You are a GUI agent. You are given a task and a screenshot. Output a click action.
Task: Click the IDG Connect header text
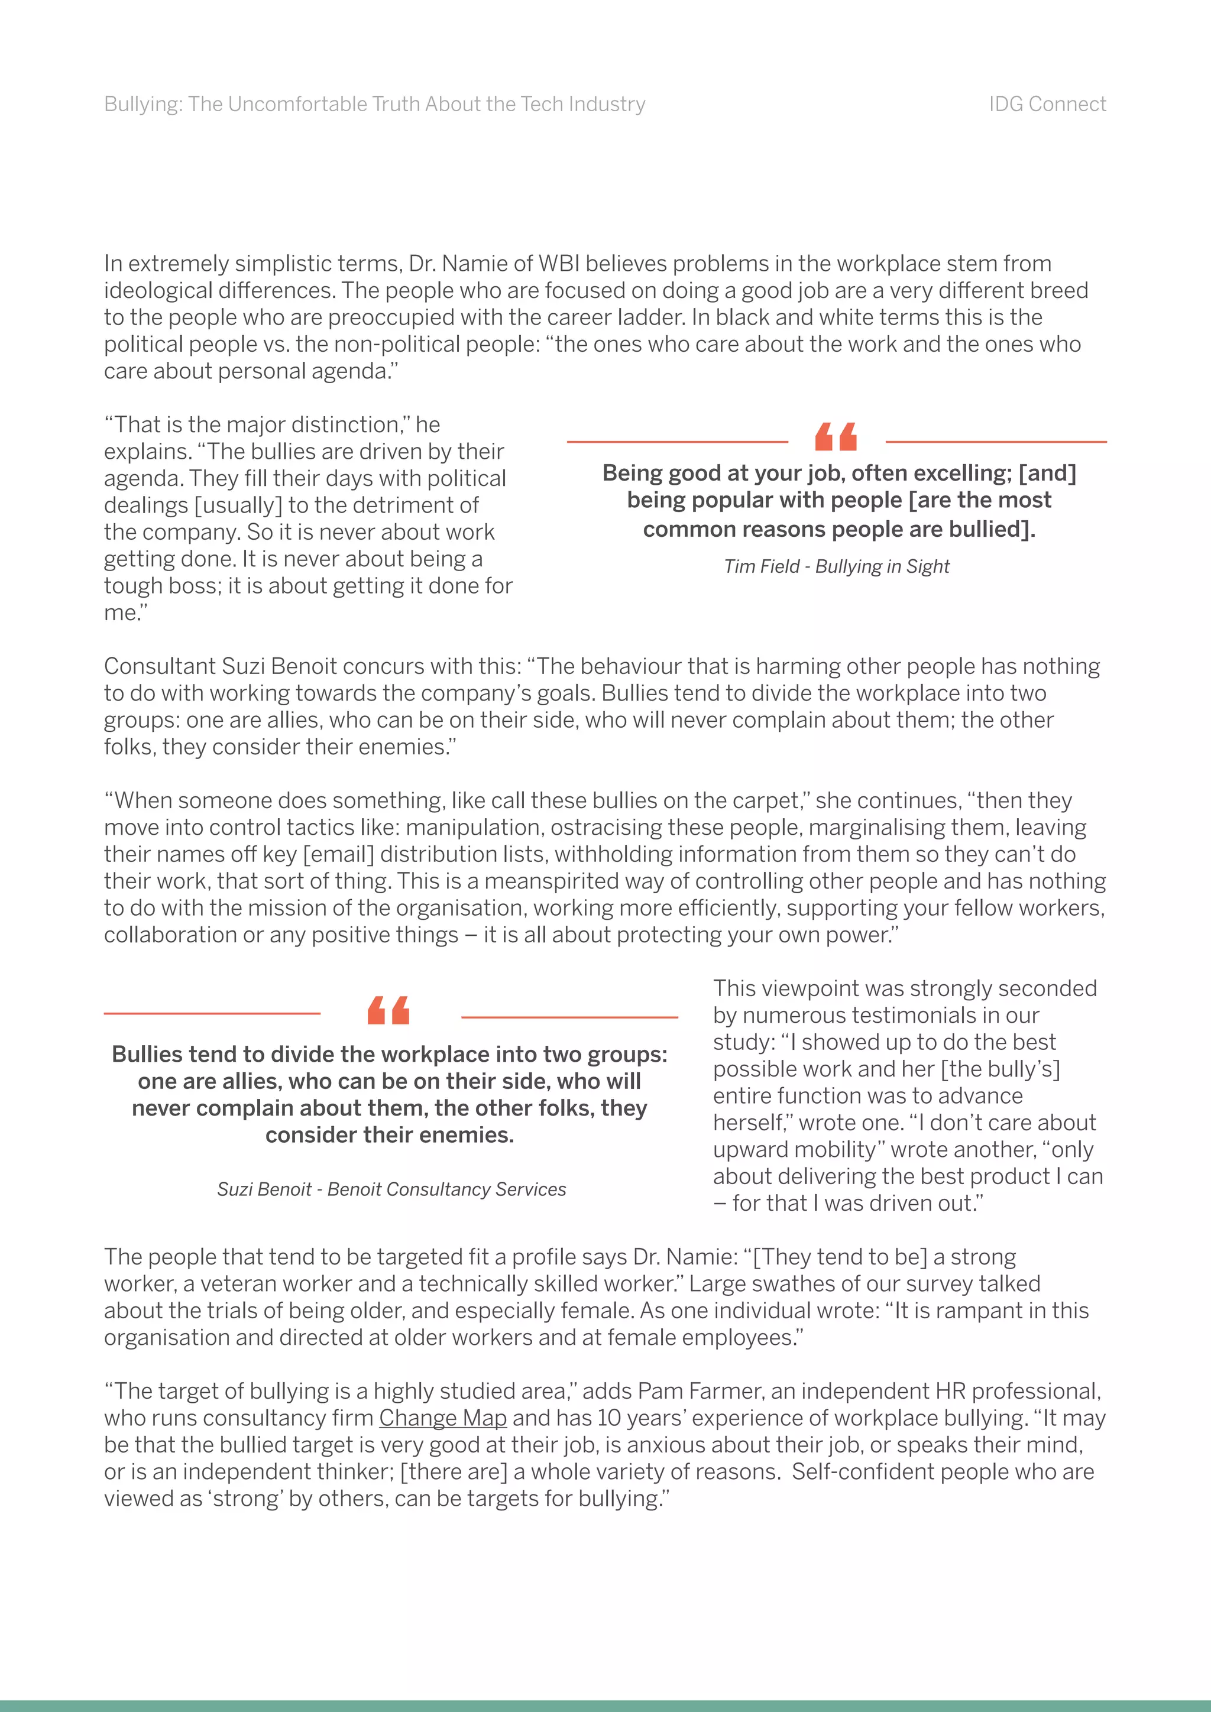point(1047,105)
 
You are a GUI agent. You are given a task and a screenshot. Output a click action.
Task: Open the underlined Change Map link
point(442,1418)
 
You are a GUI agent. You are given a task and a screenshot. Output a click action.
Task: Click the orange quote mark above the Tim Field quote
point(836,437)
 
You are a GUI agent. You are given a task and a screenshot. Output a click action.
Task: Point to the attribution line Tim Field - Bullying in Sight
point(836,567)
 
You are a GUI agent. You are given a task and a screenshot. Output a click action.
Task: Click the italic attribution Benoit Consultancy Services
point(446,1189)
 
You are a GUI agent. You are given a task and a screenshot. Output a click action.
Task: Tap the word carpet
point(762,801)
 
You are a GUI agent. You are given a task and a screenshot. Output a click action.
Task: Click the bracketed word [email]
point(337,854)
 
